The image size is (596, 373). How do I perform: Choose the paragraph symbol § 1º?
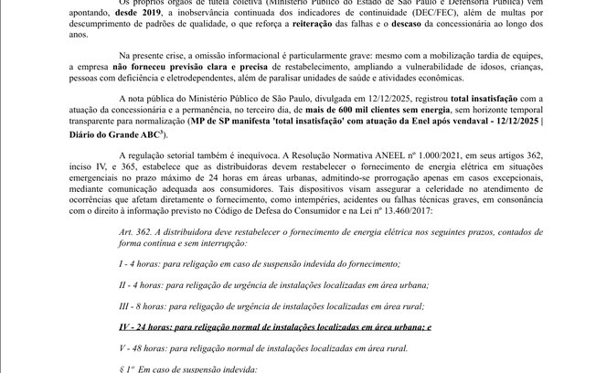point(129,368)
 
